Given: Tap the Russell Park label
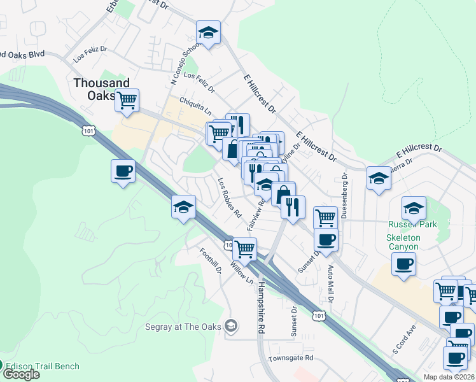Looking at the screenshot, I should tap(412, 225).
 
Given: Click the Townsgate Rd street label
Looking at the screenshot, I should tap(291, 358).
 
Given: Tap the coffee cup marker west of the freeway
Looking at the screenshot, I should tap(122, 171).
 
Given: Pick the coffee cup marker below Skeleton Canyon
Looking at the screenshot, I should tap(403, 263).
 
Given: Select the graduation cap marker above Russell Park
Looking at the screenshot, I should tap(413, 207).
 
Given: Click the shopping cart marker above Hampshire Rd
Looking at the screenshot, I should tap(244, 248).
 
